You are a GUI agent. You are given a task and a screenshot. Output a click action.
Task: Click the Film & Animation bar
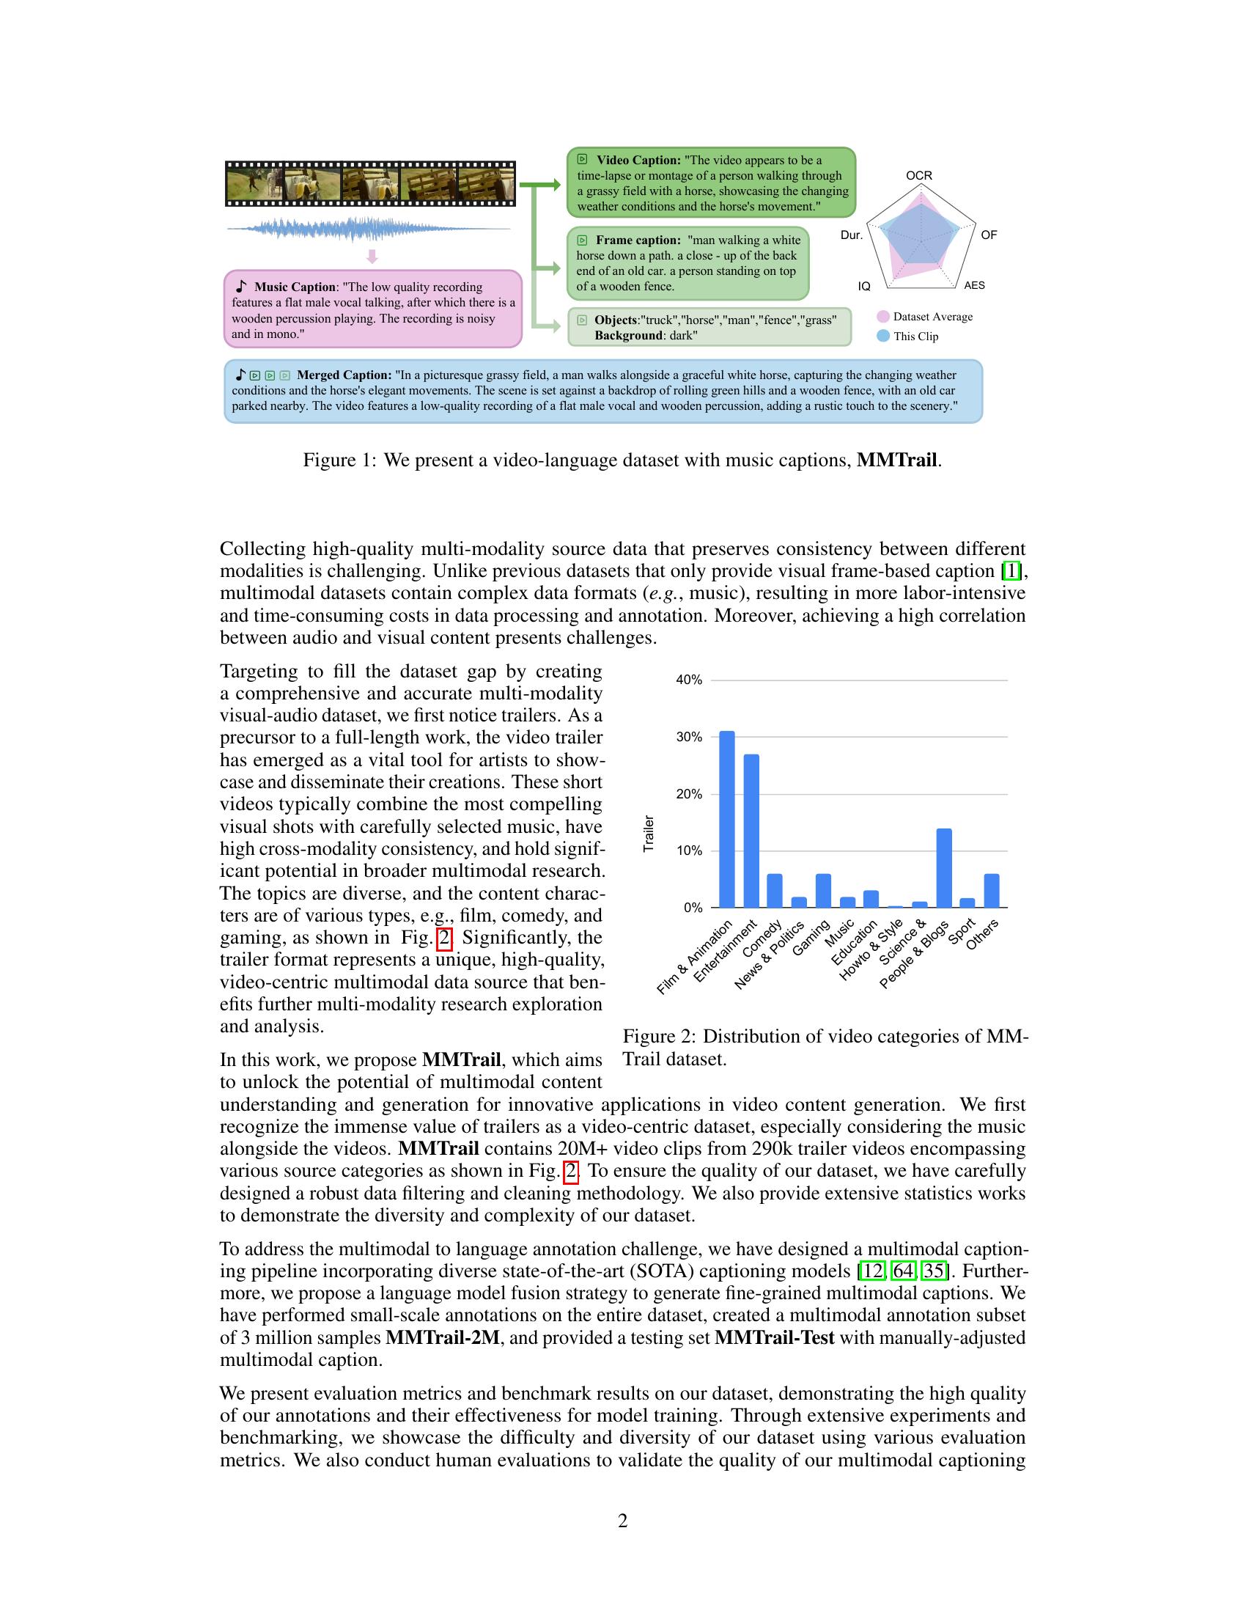[x=727, y=819]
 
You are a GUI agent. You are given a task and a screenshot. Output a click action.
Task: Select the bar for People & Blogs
[x=943, y=868]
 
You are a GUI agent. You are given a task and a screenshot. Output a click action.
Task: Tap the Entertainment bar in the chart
[x=751, y=830]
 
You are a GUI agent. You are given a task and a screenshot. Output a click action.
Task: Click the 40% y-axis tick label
[x=689, y=680]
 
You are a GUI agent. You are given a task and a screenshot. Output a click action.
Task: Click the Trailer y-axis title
[x=649, y=834]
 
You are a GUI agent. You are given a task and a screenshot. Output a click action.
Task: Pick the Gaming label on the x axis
[x=811, y=938]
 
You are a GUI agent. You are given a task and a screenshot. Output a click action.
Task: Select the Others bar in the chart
[x=992, y=891]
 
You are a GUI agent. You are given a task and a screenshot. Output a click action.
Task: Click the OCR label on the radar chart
[x=919, y=176]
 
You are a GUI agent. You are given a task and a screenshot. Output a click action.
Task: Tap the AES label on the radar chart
[x=974, y=286]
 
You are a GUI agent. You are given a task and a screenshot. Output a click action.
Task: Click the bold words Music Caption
[x=295, y=287]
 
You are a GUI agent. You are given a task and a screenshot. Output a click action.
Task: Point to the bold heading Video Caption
[x=638, y=161]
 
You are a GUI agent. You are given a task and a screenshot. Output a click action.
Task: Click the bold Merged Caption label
[x=344, y=375]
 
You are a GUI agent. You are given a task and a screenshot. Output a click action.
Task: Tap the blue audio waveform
[x=369, y=229]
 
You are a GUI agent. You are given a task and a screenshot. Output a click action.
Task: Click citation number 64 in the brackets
[x=903, y=1271]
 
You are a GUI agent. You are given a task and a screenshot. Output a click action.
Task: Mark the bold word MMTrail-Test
[x=774, y=1337]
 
